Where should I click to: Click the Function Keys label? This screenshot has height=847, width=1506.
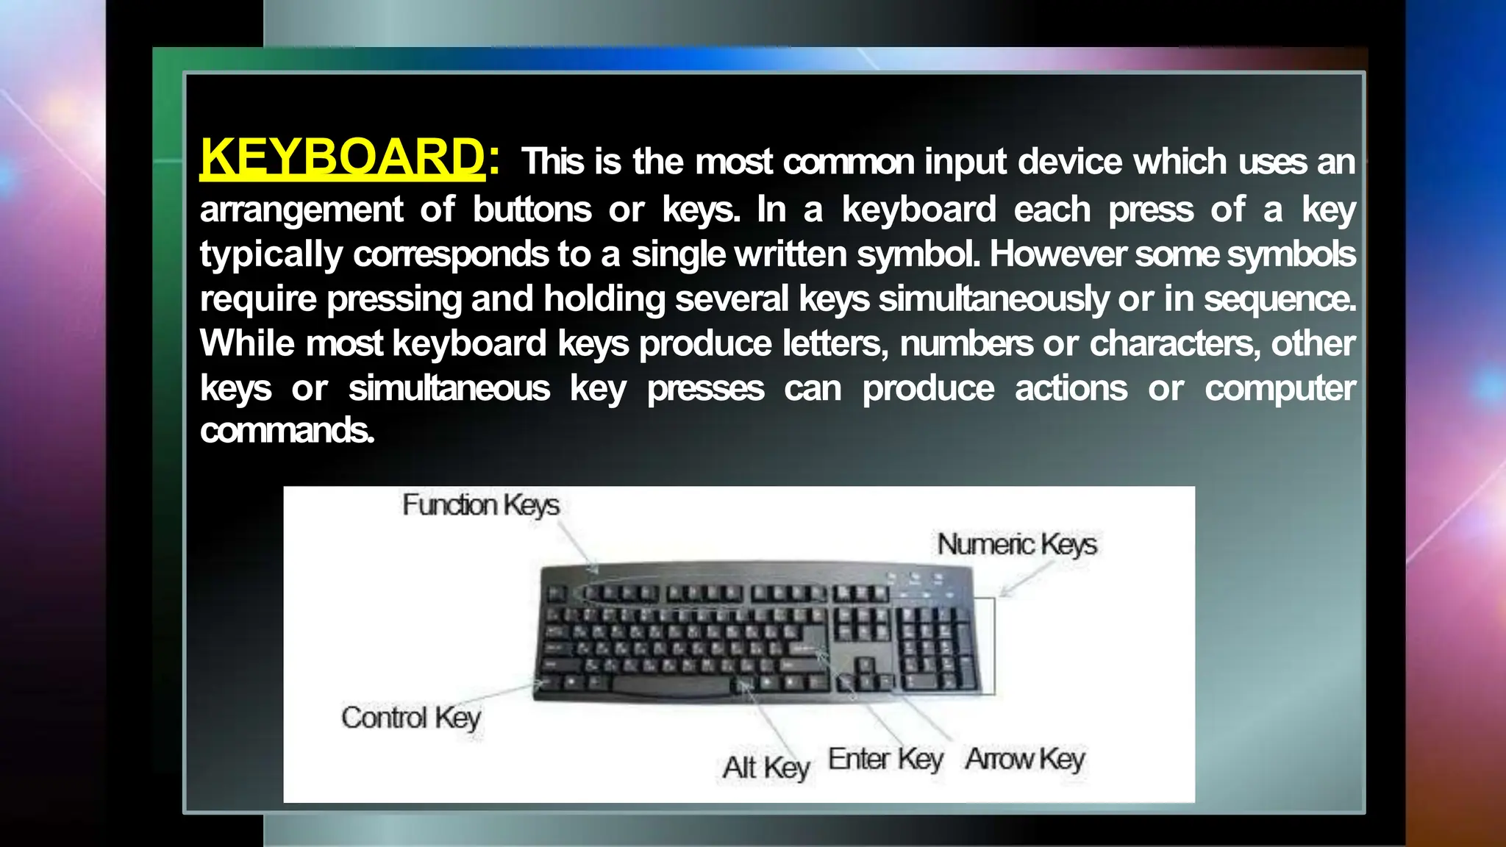point(481,505)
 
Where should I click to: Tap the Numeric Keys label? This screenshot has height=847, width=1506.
point(1016,545)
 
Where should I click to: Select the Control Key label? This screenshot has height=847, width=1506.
point(411,718)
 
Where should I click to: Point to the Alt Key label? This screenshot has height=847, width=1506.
point(766,768)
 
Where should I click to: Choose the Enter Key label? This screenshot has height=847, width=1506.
point(885,759)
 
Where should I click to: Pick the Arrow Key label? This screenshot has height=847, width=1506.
point(1025,759)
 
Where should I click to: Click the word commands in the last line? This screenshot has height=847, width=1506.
point(287,431)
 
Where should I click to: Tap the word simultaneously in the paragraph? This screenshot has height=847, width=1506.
point(993,299)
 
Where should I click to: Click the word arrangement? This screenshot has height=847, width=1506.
point(301,210)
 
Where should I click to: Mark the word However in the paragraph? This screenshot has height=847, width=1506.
point(1057,254)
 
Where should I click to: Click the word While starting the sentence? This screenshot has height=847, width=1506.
point(247,343)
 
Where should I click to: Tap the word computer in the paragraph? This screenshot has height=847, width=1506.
point(1280,389)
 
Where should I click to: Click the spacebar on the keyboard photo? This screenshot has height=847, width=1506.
point(671,686)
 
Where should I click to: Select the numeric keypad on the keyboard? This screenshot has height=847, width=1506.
point(938,647)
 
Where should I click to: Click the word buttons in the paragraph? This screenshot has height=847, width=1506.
point(532,210)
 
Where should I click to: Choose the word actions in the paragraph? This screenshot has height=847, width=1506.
point(1071,388)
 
